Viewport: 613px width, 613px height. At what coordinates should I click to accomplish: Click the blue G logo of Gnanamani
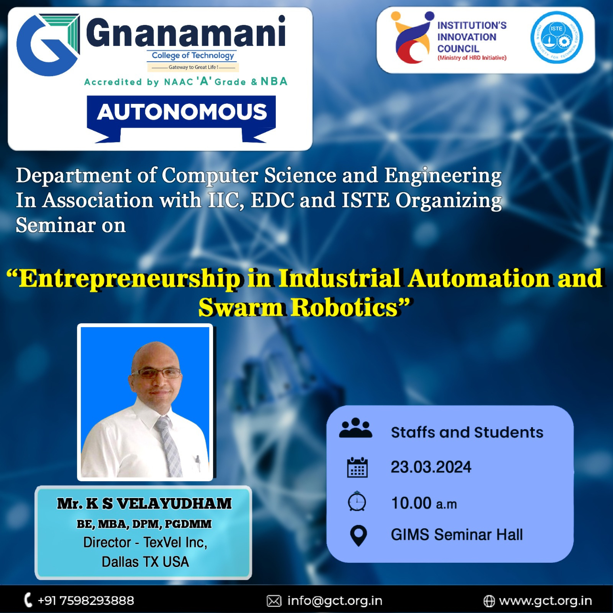pos(48,45)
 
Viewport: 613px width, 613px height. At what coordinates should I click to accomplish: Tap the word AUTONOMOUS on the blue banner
pos(182,112)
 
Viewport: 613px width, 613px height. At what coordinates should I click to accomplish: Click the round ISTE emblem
pos(556,37)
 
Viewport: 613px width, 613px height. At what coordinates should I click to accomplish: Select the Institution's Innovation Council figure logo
pos(412,37)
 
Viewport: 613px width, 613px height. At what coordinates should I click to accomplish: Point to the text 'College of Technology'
pos(193,56)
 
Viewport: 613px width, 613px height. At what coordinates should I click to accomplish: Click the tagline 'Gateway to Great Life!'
pos(193,67)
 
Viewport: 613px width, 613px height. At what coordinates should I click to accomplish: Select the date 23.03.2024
pos(431,467)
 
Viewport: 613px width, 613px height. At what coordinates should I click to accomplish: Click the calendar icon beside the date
pos(357,467)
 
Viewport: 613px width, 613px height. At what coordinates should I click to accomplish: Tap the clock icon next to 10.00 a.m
pos(357,501)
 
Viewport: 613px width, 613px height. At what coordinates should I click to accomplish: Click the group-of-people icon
pos(356,428)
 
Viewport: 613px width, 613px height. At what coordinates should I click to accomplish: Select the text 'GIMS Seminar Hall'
pos(456,535)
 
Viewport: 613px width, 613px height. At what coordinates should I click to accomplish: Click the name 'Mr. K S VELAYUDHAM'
pos(145,503)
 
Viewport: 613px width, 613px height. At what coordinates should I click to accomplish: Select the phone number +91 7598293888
pos(86,601)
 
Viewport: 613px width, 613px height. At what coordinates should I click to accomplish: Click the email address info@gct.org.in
pos(335,601)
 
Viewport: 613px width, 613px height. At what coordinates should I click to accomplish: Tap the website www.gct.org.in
pos(545,601)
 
